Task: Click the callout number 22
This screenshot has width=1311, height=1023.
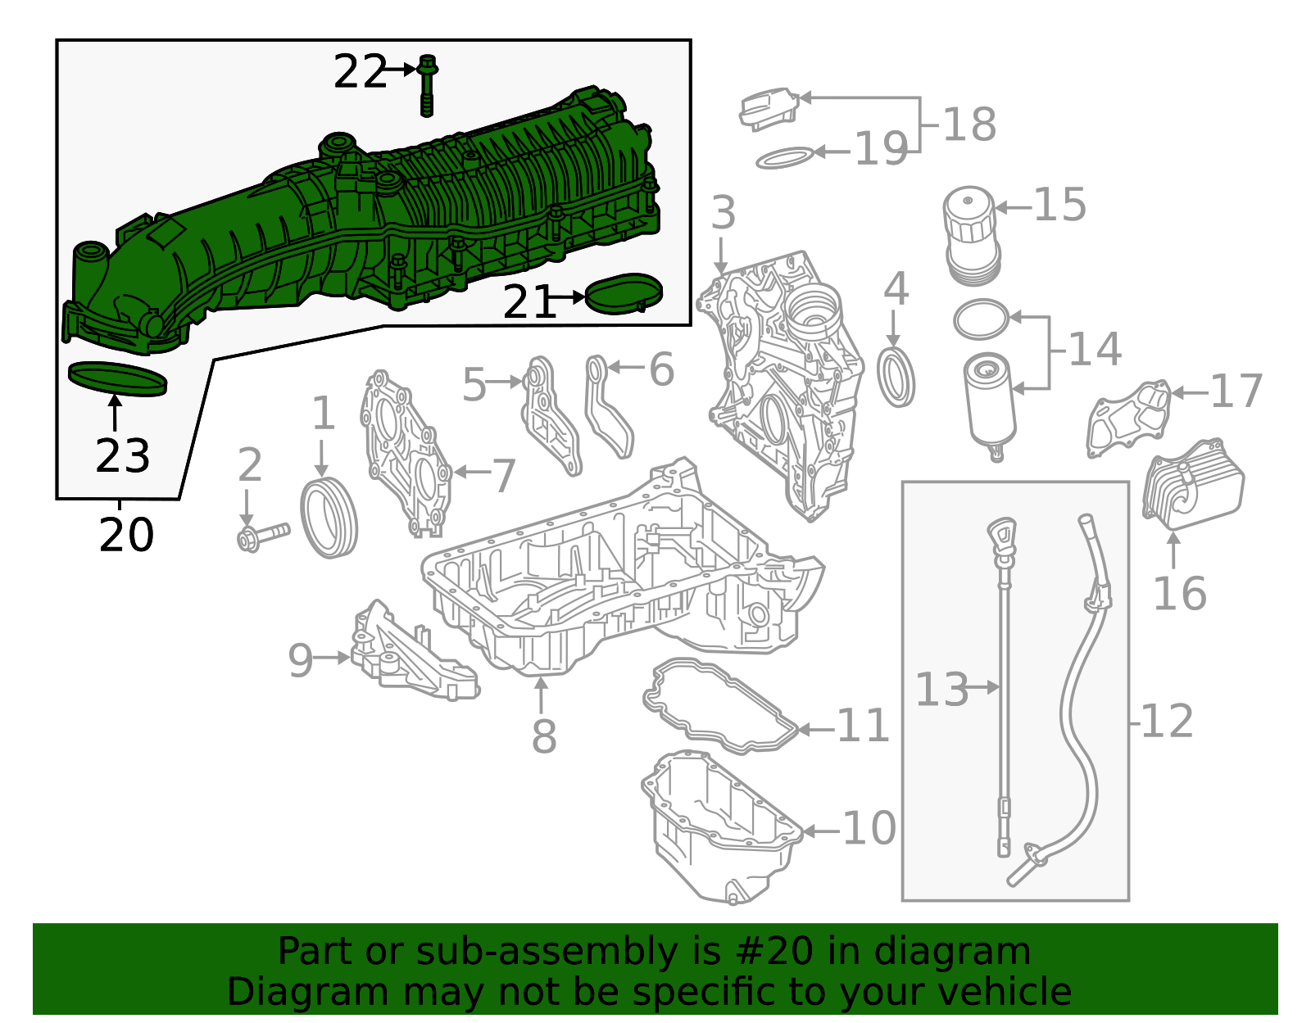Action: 359,72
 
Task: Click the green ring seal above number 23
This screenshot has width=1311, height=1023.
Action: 118,378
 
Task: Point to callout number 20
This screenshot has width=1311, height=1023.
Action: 126,536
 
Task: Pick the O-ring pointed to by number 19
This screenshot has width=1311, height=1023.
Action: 784,158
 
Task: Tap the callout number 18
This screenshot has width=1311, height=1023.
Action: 969,124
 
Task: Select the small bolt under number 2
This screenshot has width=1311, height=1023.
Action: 261,537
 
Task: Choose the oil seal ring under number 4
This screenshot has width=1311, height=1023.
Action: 896,377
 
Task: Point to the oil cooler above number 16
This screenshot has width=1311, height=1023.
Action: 1193,487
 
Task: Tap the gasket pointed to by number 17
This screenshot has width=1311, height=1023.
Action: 1129,419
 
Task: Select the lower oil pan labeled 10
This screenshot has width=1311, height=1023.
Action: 721,827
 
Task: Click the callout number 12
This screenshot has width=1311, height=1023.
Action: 1167,722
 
